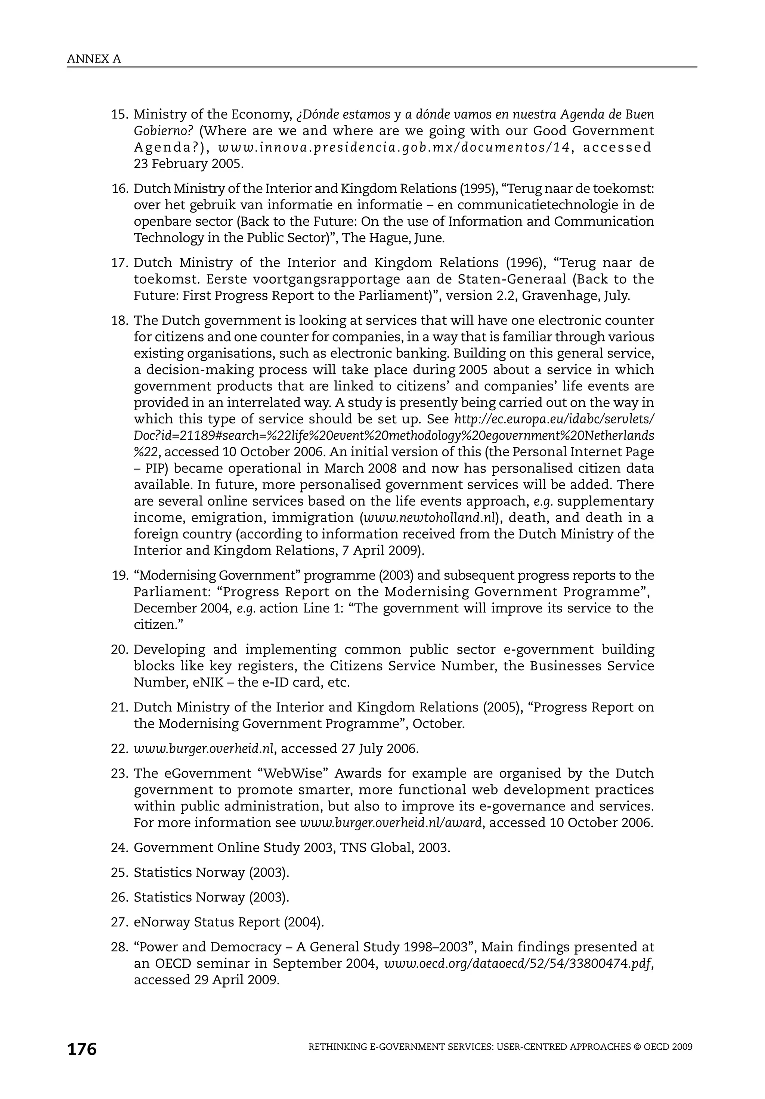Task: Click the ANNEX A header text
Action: [94, 59]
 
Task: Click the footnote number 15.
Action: [120, 115]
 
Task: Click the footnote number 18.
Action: [120, 321]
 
